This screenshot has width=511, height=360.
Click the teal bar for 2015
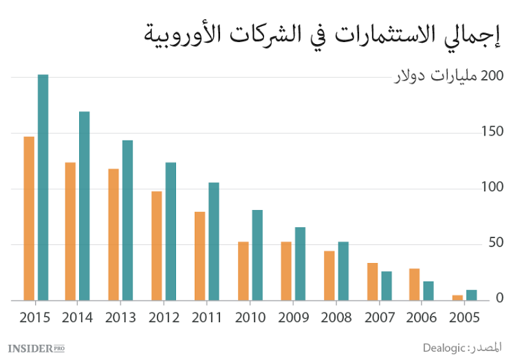pos(43,187)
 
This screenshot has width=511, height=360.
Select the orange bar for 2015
pos(29,218)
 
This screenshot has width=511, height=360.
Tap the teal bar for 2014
pos(84,206)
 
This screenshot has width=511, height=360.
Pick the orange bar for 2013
pos(113,234)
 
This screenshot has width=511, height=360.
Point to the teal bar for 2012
pos(171,231)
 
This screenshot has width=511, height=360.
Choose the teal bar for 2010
pos(257,255)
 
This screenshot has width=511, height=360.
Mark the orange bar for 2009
pos(286,271)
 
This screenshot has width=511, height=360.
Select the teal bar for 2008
pos(343,271)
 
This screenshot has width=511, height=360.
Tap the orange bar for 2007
pos(372,282)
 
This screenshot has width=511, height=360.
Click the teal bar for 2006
pos(428,290)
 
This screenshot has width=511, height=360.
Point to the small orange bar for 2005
pos(457,297)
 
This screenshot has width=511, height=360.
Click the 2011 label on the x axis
pos(206,317)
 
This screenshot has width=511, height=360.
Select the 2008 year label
pos(336,317)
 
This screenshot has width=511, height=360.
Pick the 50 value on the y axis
pos(495,243)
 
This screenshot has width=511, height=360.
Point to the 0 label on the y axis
pos(500,299)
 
